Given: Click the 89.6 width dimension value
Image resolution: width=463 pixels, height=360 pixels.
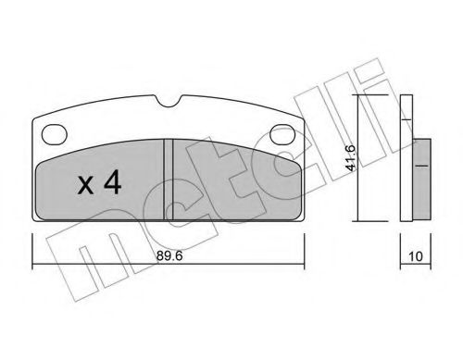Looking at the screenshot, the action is [169, 255].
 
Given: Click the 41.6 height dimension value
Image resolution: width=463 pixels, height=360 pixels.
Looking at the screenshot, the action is [351, 157].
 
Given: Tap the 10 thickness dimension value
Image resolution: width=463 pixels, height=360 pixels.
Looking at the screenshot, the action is [415, 256].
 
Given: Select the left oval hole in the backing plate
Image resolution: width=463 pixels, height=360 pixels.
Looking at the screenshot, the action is [55, 134].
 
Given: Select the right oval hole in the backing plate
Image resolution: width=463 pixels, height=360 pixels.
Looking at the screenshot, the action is [282, 134].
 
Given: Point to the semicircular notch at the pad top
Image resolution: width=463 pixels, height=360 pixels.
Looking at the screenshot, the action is [169, 102].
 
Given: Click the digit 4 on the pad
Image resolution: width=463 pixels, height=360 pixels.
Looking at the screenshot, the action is [112, 182].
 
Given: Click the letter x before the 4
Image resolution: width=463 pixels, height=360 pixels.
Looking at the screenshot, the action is [85, 186].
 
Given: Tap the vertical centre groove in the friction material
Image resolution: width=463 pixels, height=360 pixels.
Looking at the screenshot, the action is [169, 180].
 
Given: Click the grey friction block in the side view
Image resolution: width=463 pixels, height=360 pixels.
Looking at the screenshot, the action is [421, 180].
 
